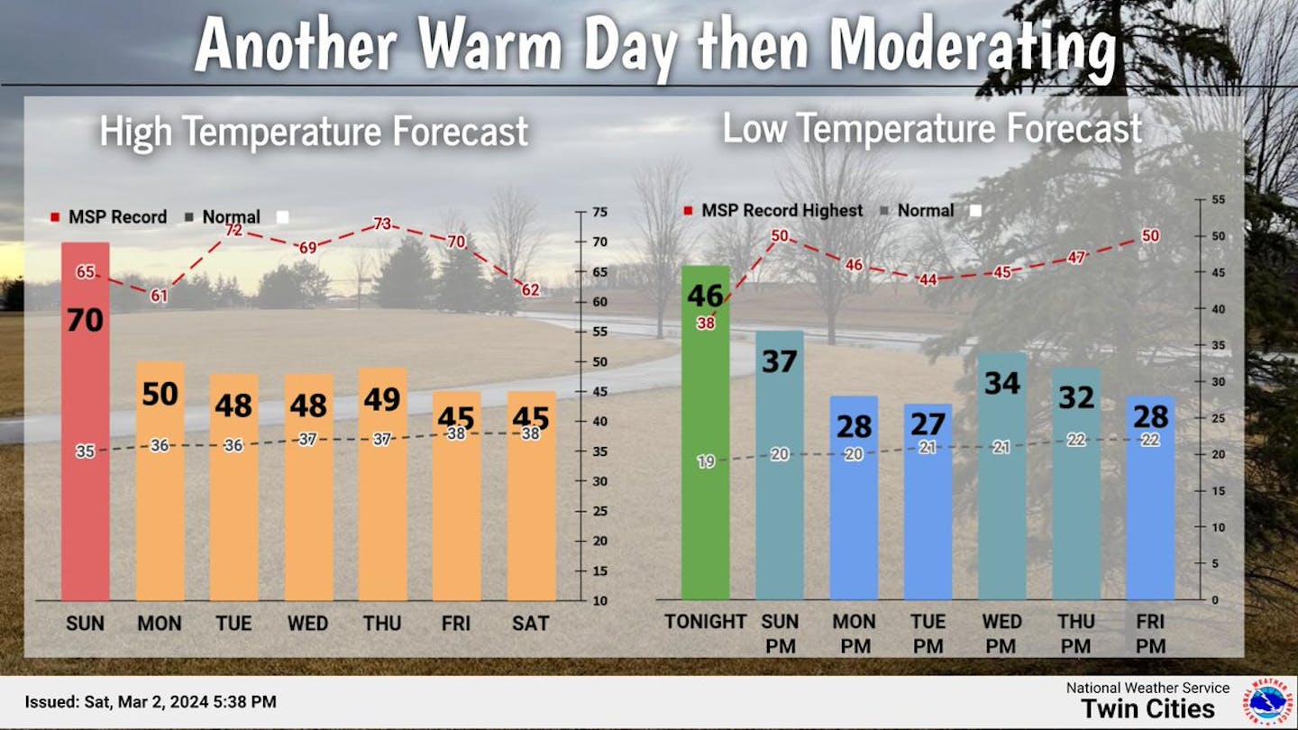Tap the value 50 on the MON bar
point(160,395)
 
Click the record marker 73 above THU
point(382,224)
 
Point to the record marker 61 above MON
point(159,296)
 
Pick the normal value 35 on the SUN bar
point(85,452)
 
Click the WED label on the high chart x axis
point(307,623)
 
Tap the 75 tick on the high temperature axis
point(599,213)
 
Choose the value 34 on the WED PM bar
point(1001,383)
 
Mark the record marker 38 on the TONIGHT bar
point(706,324)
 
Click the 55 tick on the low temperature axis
point(1218,200)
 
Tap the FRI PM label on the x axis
point(1151,634)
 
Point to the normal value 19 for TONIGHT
point(706,461)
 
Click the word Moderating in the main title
point(973,45)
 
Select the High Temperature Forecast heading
point(314,132)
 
